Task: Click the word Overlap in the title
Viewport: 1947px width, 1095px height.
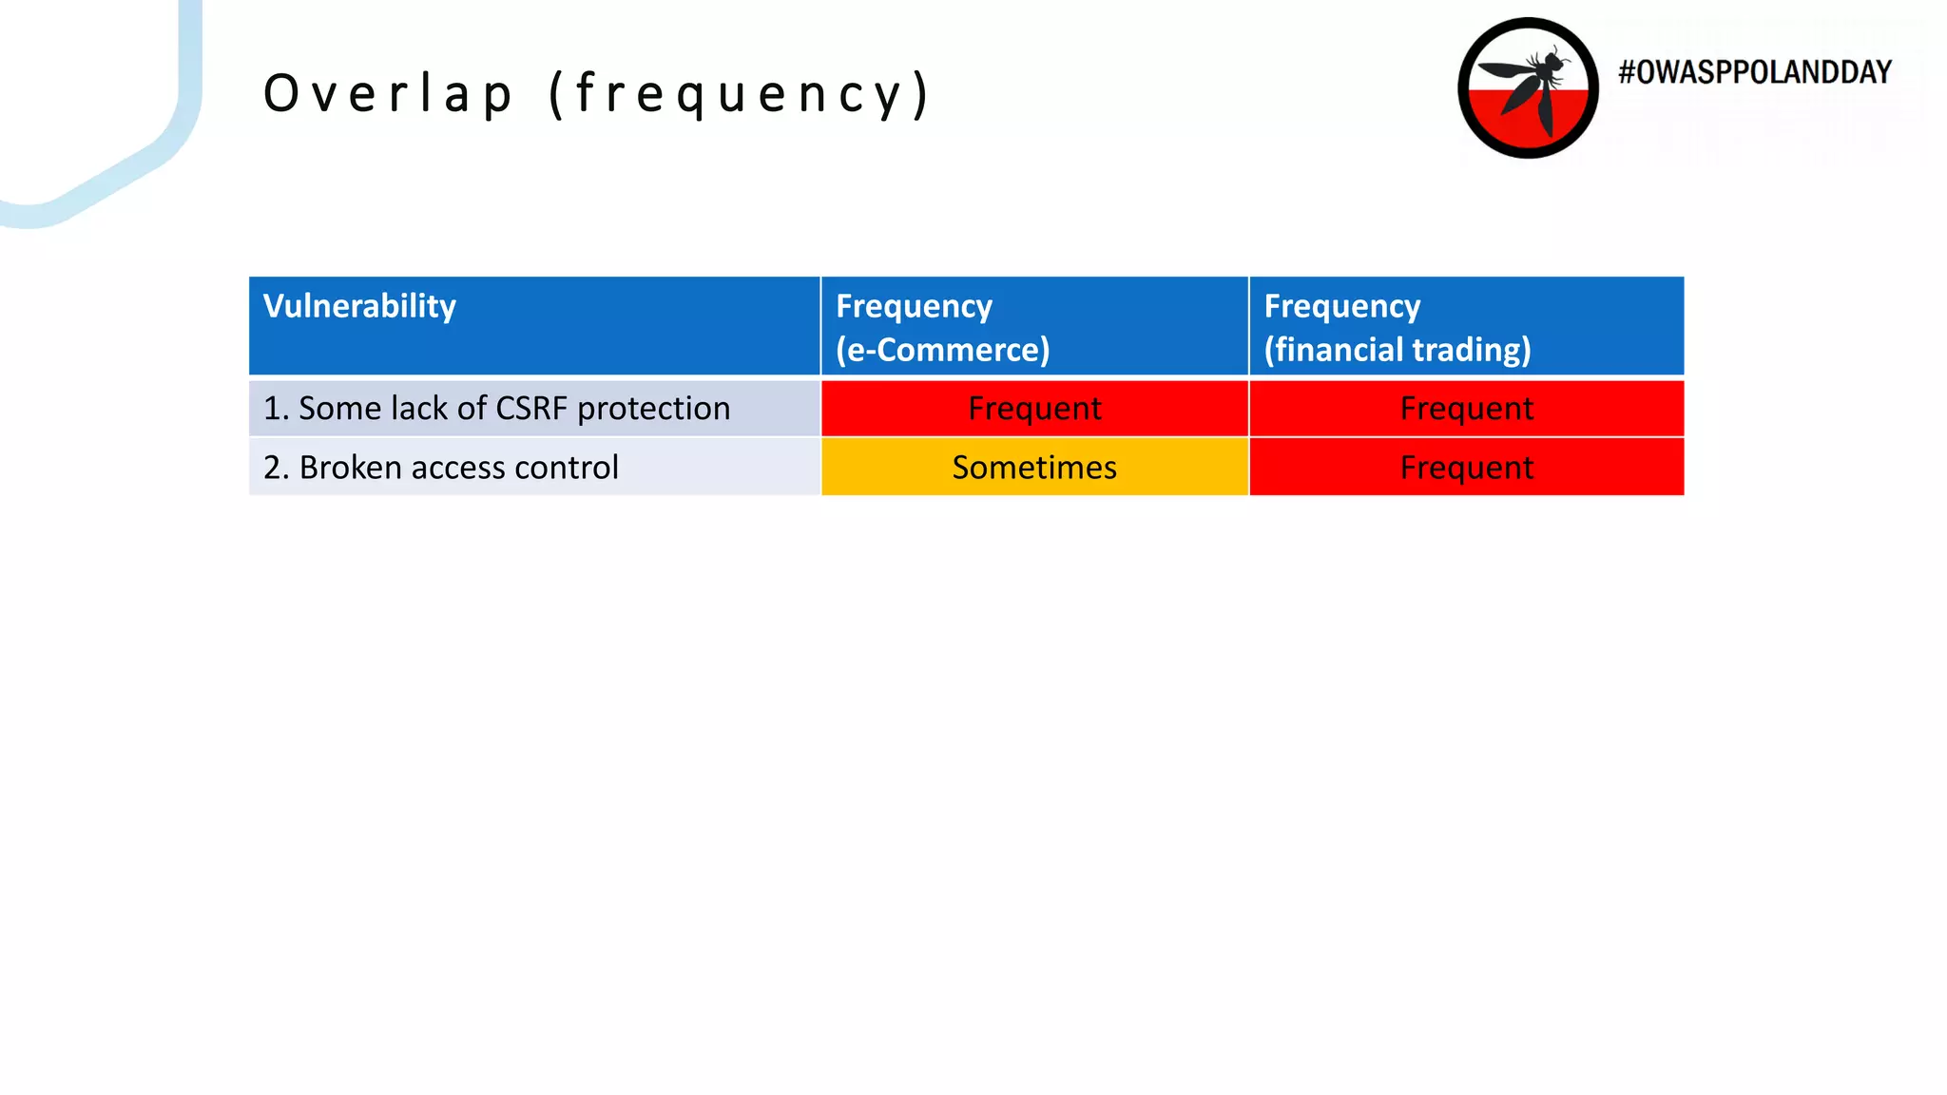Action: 388,94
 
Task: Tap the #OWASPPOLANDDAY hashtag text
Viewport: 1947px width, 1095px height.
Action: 1755,72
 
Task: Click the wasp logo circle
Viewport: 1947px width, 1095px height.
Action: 1528,88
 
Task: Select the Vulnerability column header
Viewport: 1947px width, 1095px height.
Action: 359,306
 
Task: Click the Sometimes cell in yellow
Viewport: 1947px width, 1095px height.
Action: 1034,468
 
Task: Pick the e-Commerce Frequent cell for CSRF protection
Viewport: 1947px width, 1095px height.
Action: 1034,409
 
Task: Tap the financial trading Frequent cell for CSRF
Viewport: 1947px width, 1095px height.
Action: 1466,409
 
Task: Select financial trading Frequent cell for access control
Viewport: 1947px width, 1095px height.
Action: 1466,468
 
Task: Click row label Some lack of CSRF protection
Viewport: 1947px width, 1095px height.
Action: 496,409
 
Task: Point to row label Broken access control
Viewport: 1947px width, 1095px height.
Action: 441,468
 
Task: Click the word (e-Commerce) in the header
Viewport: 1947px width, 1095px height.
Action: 943,350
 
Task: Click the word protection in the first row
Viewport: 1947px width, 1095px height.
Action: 654,409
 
